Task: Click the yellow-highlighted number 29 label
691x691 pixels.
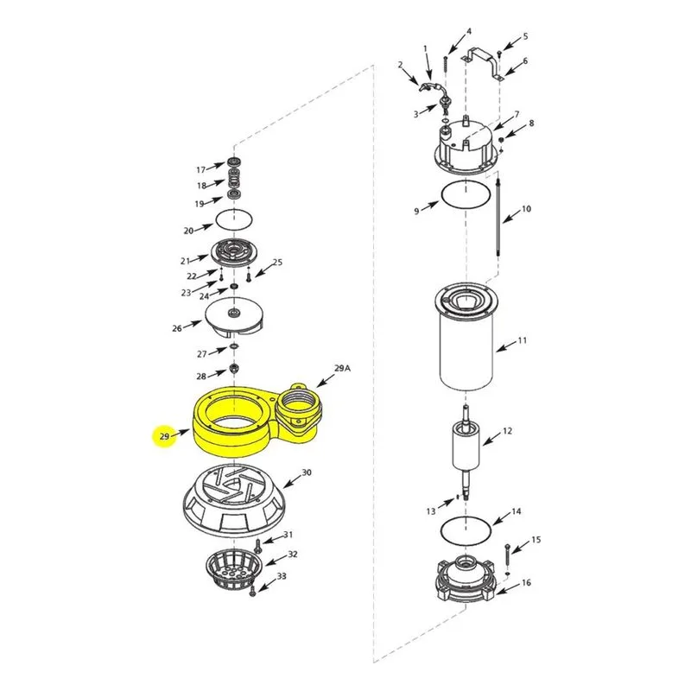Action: pyautogui.click(x=164, y=436)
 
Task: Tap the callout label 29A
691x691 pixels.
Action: pyautogui.click(x=342, y=368)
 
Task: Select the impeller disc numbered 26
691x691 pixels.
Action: pyautogui.click(x=233, y=317)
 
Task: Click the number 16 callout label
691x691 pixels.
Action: pyautogui.click(x=526, y=582)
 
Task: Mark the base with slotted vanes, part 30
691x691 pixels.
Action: pyautogui.click(x=233, y=502)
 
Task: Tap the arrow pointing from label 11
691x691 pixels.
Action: pyautogui.click(x=506, y=345)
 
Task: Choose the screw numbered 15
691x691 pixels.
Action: pyautogui.click(x=508, y=555)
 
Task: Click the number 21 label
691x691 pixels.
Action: pyautogui.click(x=185, y=262)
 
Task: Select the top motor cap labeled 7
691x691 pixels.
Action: pyautogui.click(x=467, y=145)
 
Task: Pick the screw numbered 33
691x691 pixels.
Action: pyautogui.click(x=252, y=593)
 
